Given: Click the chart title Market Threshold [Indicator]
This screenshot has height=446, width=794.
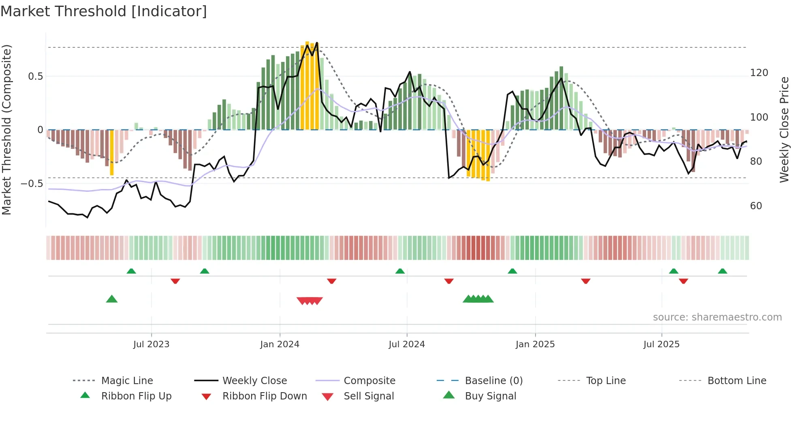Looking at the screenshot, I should (104, 11).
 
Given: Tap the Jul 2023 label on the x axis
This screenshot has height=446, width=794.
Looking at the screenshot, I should (151, 344).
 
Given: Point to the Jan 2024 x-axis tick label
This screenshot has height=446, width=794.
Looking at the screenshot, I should (280, 344).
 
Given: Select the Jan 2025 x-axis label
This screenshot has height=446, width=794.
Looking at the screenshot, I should (535, 344).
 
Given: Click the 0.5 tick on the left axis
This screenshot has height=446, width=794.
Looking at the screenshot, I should (35, 76).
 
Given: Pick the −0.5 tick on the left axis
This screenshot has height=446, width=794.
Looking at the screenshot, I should (32, 184).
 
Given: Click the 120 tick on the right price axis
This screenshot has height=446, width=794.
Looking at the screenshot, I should (759, 73).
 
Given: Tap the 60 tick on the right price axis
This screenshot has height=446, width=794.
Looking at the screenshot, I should (756, 206).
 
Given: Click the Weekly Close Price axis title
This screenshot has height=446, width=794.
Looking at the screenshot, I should (784, 130).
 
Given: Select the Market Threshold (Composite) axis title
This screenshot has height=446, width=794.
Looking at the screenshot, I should (6, 130).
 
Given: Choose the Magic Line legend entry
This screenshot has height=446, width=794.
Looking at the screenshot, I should (127, 381).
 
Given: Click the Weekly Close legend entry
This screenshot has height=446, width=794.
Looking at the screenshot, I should (254, 381).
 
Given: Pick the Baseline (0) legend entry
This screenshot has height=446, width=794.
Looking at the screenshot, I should (493, 381).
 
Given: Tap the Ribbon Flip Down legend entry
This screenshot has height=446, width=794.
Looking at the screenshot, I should (265, 396).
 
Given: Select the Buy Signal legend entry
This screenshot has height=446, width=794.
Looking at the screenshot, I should (490, 396).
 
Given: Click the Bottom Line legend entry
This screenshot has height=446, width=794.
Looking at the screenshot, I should (736, 381).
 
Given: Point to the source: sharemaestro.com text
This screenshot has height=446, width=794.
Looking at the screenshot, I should (717, 317).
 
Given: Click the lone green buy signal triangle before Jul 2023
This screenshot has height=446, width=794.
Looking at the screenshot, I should (112, 299).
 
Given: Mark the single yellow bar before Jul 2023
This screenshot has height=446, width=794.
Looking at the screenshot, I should (112, 152).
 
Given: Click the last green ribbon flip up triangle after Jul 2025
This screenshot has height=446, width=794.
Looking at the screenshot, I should (722, 271).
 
